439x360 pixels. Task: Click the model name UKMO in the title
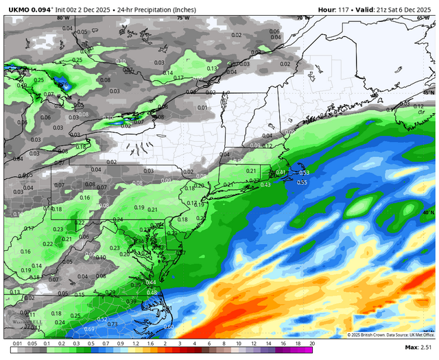tap(19, 8)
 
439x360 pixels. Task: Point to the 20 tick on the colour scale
tap(312, 342)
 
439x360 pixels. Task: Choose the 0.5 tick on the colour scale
tap(91, 342)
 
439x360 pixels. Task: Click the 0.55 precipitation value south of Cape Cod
tap(302, 182)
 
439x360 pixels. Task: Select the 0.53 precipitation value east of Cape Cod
tap(304, 173)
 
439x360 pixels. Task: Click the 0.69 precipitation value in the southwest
tap(88, 330)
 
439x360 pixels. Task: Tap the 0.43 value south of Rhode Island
tap(265, 184)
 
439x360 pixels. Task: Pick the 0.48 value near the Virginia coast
tap(150, 293)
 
